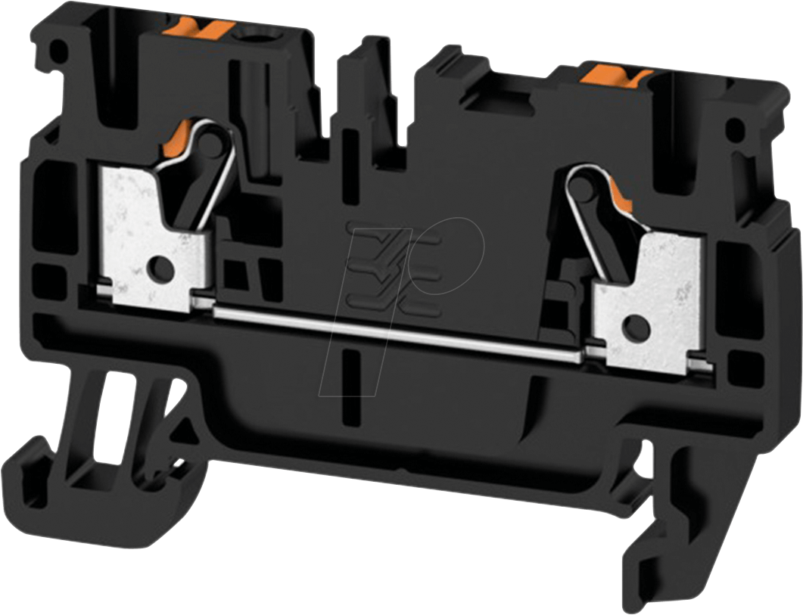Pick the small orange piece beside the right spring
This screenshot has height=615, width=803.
tap(622, 198)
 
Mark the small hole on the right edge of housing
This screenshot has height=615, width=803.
tap(733, 130)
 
